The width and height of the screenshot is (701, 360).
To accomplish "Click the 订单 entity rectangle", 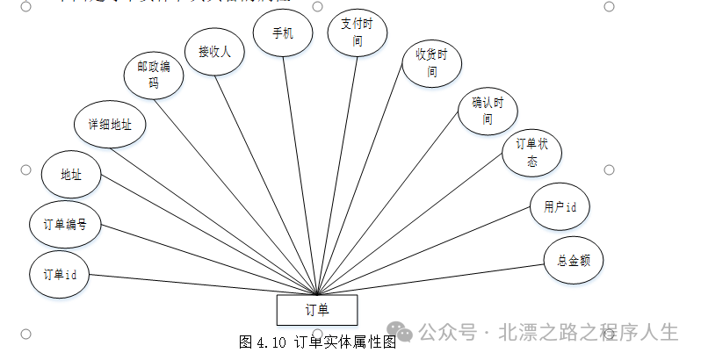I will click(x=317, y=310).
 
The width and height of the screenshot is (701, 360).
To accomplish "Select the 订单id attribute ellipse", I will click(x=60, y=274).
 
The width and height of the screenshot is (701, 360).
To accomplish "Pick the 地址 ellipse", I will click(x=71, y=174).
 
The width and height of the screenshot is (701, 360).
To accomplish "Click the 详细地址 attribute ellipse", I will click(x=110, y=125).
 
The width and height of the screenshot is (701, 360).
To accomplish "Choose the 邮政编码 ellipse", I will click(x=154, y=76).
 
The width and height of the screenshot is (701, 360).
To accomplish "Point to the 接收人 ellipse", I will click(x=214, y=51).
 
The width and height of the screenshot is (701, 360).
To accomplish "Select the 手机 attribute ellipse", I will click(x=282, y=33).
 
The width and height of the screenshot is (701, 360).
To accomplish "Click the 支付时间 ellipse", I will click(x=357, y=33).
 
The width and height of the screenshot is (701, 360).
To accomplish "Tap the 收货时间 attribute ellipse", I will click(x=431, y=63).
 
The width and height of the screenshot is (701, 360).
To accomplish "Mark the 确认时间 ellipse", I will click(x=488, y=110).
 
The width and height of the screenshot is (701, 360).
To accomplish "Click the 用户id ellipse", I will click(x=560, y=207).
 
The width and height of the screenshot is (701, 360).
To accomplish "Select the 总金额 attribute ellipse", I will click(x=574, y=260).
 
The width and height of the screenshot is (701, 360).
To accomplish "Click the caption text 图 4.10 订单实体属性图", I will click(x=317, y=342).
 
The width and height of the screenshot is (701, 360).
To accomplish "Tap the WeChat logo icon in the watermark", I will click(x=401, y=332).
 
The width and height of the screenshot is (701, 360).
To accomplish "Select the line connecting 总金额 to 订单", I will click(x=439, y=277).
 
